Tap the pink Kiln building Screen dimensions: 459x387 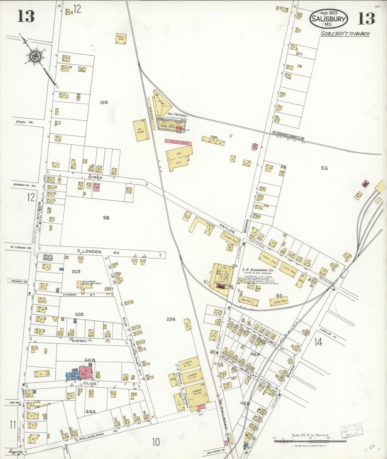click(178, 143)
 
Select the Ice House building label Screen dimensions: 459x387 click(141, 130)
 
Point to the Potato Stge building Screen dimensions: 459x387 click(121, 39)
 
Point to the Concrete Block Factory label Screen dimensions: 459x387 click(91, 282)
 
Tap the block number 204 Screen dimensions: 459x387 click(171, 319)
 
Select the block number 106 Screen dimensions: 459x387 click(106, 218)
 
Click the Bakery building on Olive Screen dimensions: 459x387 click(73, 374)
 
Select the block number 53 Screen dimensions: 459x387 click(324, 168)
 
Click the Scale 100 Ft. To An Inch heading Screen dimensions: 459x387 click(345, 34)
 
